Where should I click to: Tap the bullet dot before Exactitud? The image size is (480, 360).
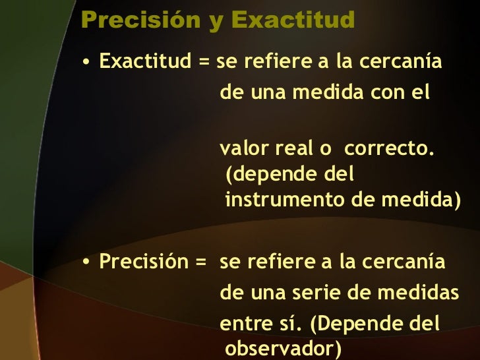pyautogui.click(x=86, y=64)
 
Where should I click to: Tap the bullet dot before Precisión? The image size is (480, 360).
pyautogui.click(x=86, y=263)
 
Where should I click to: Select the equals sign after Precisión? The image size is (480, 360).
pyautogui.click(x=202, y=262)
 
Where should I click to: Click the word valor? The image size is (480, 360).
pyautogui.click(x=240, y=149)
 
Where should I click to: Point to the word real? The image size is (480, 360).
pyautogui.click(x=291, y=149)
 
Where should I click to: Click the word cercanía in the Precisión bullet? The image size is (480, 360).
pyautogui.click(x=411, y=262)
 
